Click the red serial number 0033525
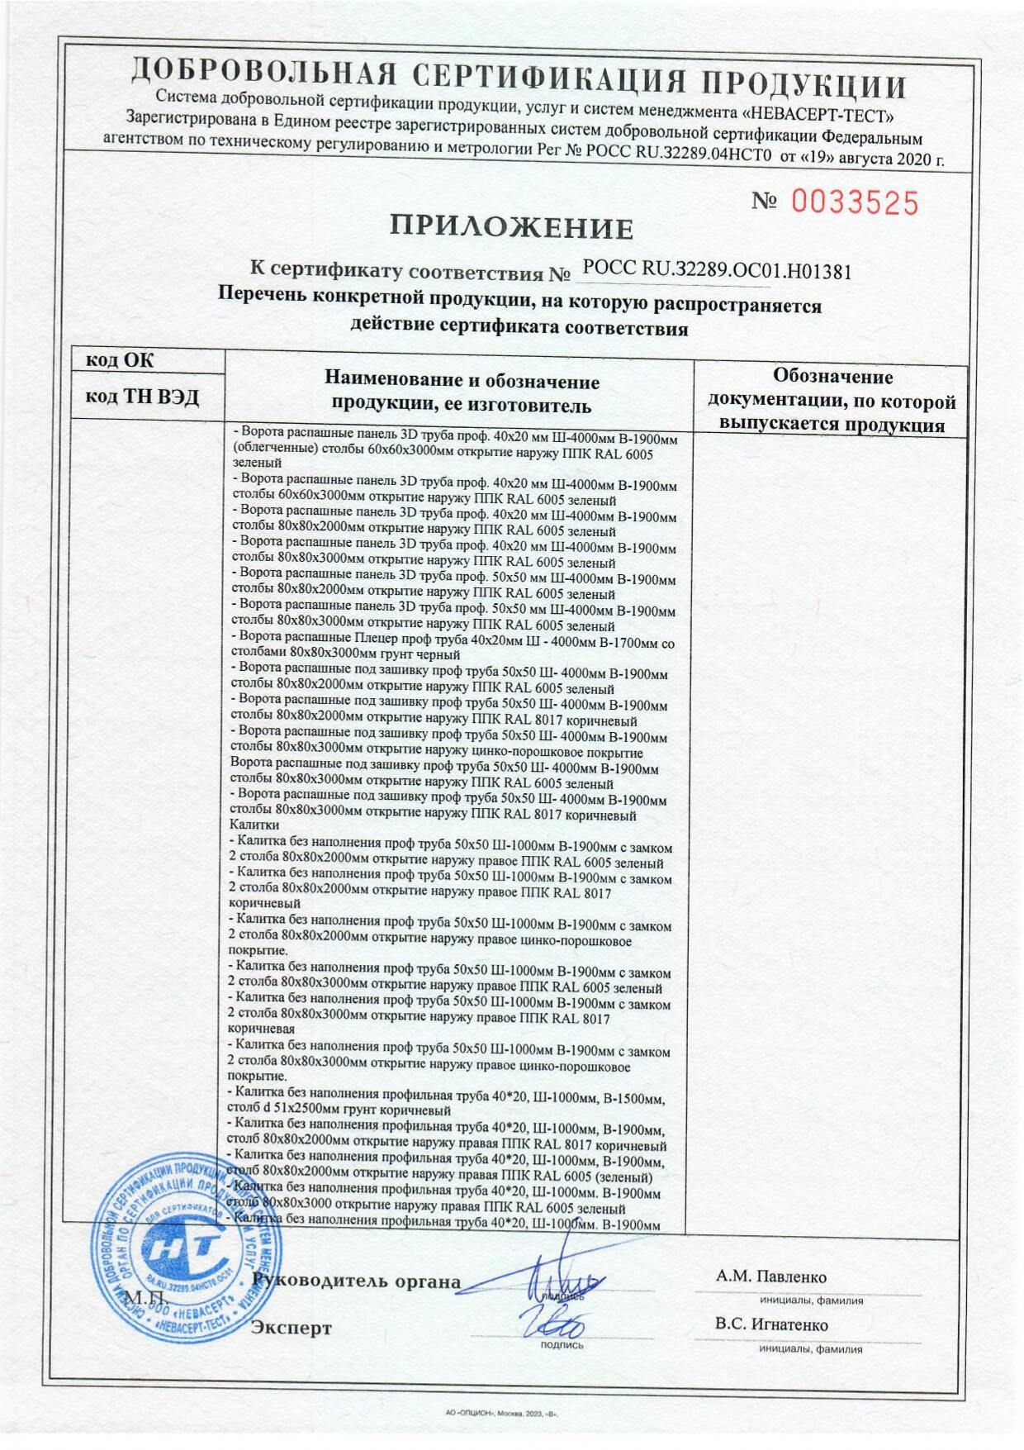(856, 202)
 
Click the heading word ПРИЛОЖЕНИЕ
(512, 227)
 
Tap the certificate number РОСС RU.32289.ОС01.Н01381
(716, 269)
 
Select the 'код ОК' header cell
(121, 360)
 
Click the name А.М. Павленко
(771, 1276)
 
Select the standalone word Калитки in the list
(253, 825)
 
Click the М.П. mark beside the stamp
(145, 1297)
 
